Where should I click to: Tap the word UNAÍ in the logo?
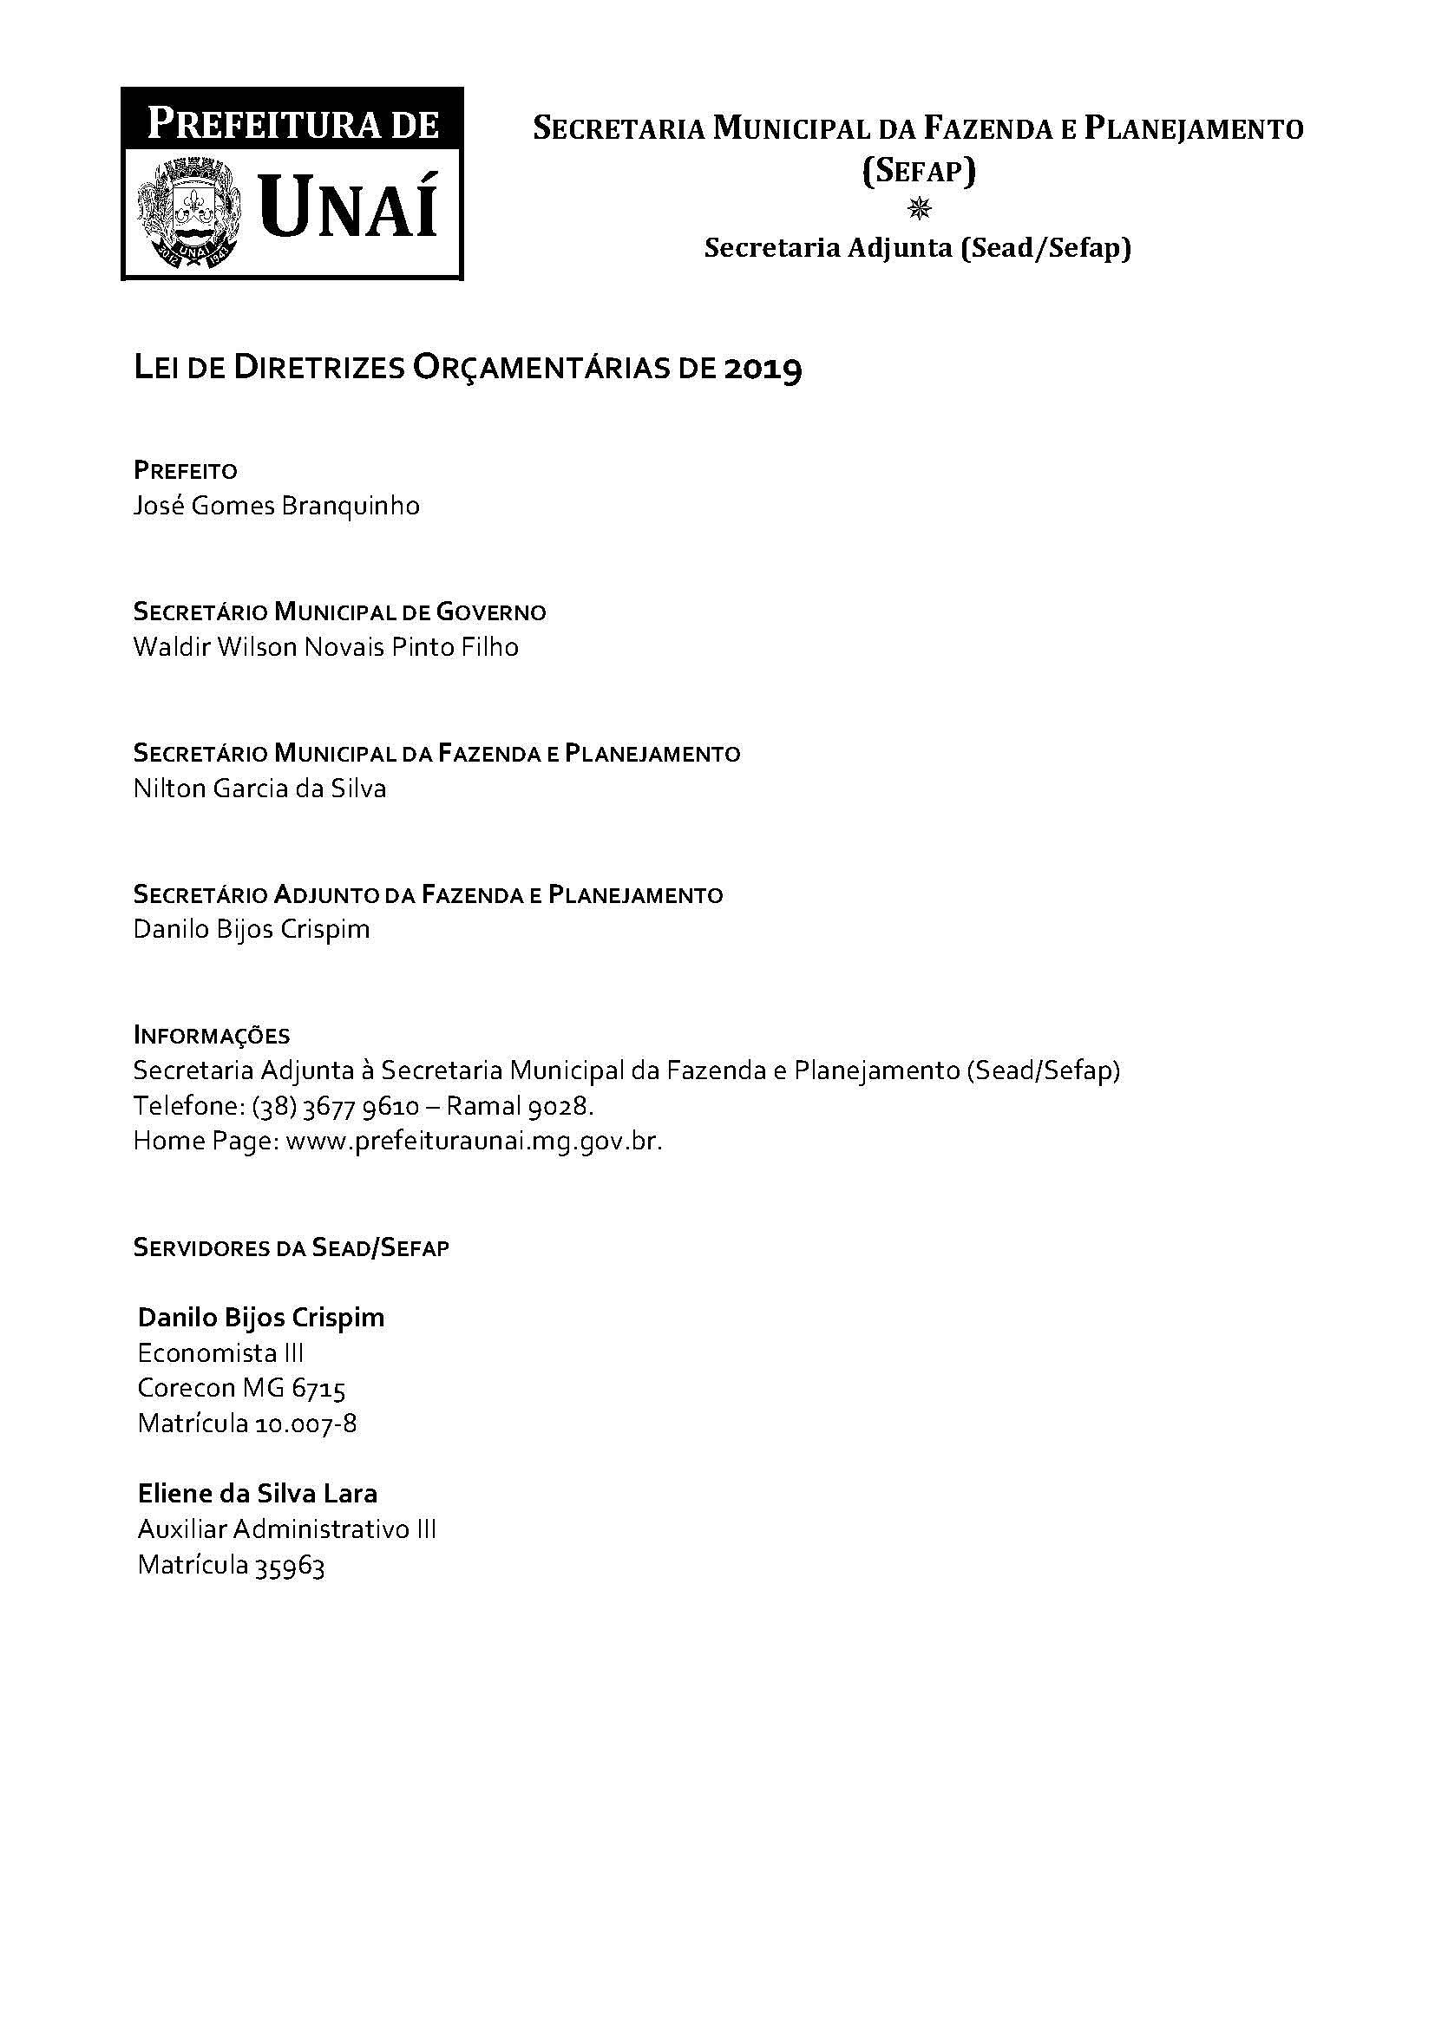pyautogui.click(x=350, y=206)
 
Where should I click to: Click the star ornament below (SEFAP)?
pyautogui.click(x=919, y=208)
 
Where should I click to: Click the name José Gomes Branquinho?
pyautogui.click(x=277, y=507)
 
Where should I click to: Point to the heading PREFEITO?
pyautogui.click(x=186, y=470)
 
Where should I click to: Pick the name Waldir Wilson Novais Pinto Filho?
pyautogui.click(x=326, y=647)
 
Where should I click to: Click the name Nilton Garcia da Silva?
pyautogui.click(x=259, y=789)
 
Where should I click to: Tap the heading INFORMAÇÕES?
pyautogui.click(x=211, y=1035)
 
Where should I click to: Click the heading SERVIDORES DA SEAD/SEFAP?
pyautogui.click(x=292, y=1247)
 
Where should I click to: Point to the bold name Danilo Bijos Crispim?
pyautogui.click(x=261, y=1318)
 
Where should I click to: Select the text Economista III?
pyautogui.click(x=221, y=1353)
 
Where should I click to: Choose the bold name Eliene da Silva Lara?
pyautogui.click(x=258, y=1494)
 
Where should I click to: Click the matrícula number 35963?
pyautogui.click(x=290, y=1566)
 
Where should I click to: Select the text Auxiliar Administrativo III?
pyautogui.click(x=287, y=1529)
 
